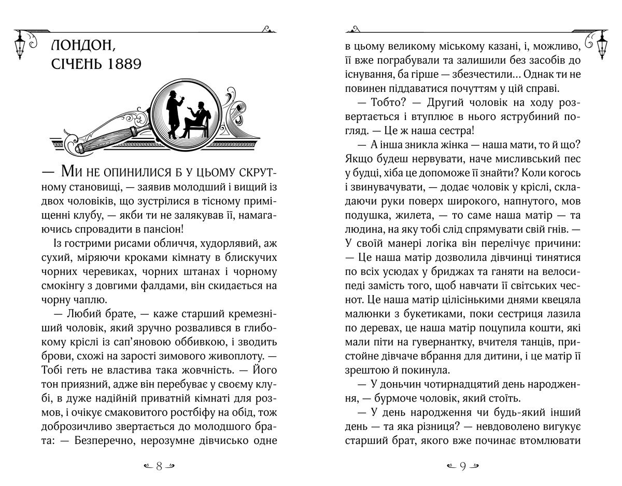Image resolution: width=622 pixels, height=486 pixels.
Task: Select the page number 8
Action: click(x=159, y=465)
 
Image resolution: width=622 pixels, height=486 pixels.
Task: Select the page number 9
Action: click(x=462, y=465)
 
